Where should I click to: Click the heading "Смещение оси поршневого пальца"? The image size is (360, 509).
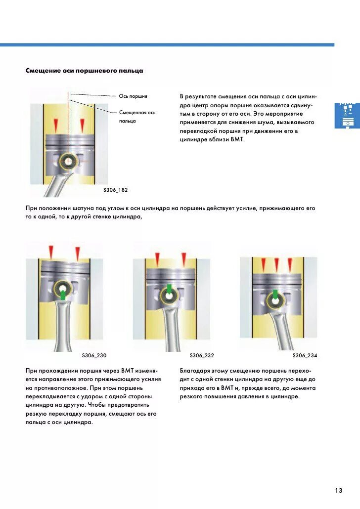(84, 71)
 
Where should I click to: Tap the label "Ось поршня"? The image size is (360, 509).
(133, 96)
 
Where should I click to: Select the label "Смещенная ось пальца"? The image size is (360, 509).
(137, 117)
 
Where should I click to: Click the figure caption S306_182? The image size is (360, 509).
(115, 190)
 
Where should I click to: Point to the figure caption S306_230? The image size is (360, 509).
(94, 355)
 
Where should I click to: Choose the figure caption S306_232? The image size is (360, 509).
(202, 355)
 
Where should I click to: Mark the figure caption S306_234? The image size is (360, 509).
(305, 355)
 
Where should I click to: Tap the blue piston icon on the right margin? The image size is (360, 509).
(347, 116)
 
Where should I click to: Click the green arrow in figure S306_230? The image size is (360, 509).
(63, 295)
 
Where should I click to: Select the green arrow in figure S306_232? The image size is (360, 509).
(169, 289)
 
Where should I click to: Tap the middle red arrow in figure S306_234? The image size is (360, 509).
(276, 264)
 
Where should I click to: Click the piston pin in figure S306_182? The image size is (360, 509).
(68, 161)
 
